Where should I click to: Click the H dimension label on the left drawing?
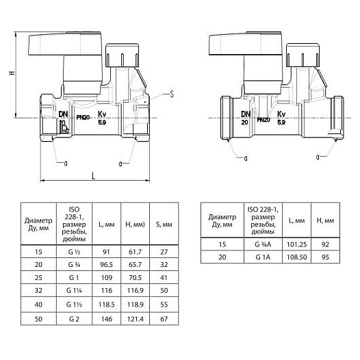click(x=12, y=73)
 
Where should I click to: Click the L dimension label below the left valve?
click(x=94, y=176)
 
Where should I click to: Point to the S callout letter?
click(x=172, y=94)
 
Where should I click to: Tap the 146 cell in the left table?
click(x=107, y=319)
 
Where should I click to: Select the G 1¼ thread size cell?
click(x=74, y=290)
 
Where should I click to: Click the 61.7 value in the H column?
click(x=135, y=252)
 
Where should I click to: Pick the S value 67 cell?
click(x=164, y=319)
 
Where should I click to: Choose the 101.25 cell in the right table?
click(x=296, y=244)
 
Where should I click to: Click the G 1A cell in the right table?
click(x=263, y=257)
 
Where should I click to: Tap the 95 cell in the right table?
click(x=325, y=257)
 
